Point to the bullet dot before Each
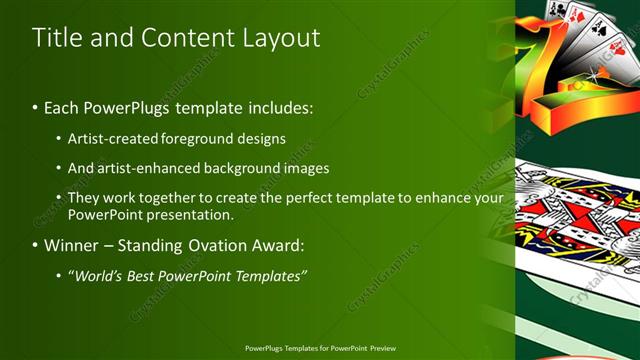[37, 105]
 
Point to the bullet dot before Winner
[37, 245]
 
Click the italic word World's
[98, 275]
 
